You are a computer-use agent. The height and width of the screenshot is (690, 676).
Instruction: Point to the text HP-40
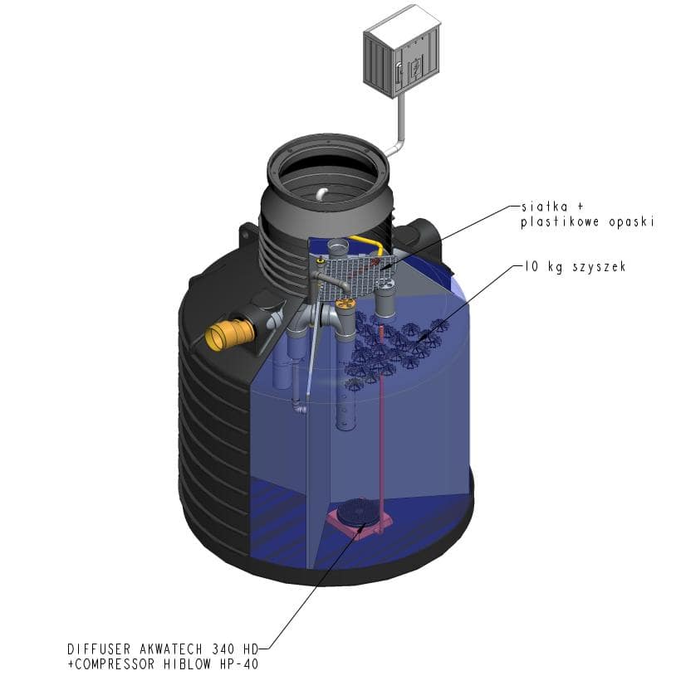(239, 664)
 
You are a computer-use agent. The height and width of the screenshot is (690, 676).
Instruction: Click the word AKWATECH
(172, 649)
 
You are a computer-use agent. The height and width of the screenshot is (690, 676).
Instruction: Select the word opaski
(631, 222)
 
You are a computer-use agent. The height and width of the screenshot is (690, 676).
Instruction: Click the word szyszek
(599, 267)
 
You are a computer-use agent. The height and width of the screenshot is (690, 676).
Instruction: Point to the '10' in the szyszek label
(531, 266)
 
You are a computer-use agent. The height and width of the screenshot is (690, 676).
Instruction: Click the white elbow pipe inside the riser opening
(321, 193)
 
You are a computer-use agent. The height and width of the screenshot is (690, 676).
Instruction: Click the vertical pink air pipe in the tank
(381, 427)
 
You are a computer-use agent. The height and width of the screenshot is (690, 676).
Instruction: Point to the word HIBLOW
(188, 664)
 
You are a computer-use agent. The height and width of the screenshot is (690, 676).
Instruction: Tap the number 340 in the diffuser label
(223, 649)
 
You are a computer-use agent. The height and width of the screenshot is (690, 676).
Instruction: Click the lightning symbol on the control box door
(415, 67)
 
